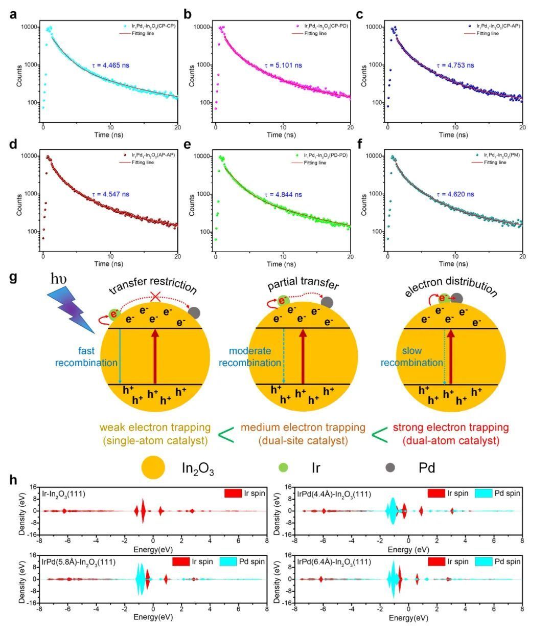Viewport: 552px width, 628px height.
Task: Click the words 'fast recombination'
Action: pyautogui.click(x=79, y=357)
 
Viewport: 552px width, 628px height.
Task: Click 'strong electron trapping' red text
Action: pyautogui.click(x=451, y=427)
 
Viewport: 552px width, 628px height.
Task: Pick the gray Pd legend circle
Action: pyautogui.click(x=390, y=467)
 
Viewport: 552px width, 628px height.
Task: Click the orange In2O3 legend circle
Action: pyautogui.click(x=153, y=467)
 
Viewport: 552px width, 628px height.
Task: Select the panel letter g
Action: pyautogui.click(x=14, y=278)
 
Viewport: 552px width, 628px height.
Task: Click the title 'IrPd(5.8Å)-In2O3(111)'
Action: pyautogui.click(x=79, y=562)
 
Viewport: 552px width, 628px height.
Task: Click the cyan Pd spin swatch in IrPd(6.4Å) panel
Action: pyautogui.click(x=485, y=562)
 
